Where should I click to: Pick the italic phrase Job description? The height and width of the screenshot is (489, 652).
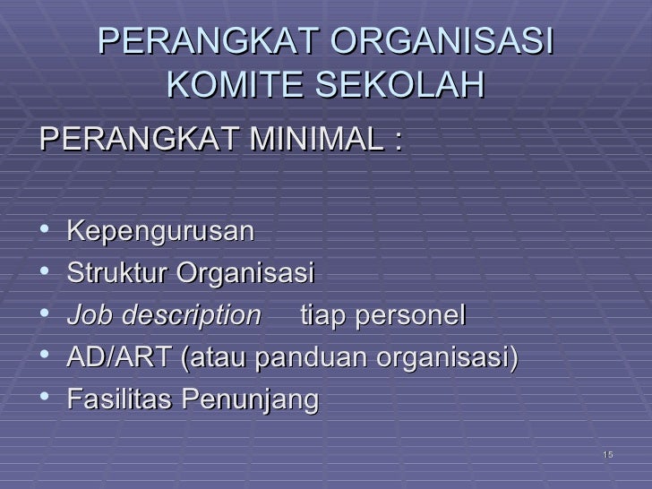click(x=163, y=315)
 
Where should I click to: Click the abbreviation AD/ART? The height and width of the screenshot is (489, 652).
click(x=120, y=358)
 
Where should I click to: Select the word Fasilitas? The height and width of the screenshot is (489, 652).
click(x=121, y=400)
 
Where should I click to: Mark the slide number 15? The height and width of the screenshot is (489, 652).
click(x=608, y=456)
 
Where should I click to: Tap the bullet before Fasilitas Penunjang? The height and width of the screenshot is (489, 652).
click(x=46, y=400)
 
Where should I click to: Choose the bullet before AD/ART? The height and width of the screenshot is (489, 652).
click(x=46, y=358)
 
